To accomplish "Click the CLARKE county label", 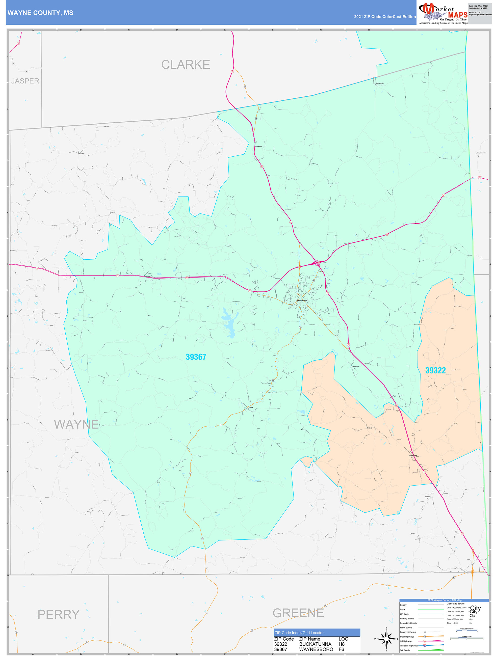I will point(186,65).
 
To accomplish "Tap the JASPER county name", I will point(25,81).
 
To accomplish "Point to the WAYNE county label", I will point(76,424).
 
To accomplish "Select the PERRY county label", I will point(59,614).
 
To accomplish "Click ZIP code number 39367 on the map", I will point(196,357).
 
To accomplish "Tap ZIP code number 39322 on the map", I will point(435,370).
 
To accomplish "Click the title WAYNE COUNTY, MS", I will point(40,13).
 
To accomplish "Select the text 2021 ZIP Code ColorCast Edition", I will point(385,17).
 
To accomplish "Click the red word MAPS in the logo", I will point(458,15).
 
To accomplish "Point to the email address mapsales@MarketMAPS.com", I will point(480,15).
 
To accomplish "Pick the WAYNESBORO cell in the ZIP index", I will point(316,649).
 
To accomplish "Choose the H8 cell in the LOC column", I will point(342,644).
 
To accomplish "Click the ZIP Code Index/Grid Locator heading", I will point(299,633).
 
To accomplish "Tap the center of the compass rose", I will point(386,639).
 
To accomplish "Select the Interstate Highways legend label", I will point(409,646).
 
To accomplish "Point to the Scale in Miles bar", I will point(467,638).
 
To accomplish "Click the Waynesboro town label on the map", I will point(302,300).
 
